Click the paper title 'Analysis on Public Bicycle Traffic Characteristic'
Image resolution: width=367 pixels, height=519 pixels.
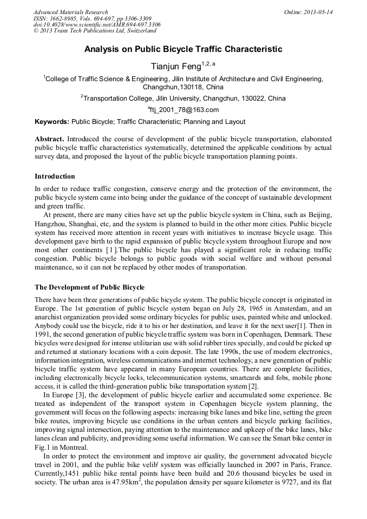pyautogui.click(x=183, y=49)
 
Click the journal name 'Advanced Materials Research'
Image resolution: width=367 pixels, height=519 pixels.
pyautogui.click(x=71, y=12)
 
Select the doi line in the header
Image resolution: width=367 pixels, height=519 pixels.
pyautogui.click(x=97, y=25)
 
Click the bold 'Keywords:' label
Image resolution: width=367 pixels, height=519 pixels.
pyautogui.click(x=52, y=122)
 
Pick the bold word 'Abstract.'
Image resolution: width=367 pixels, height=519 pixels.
pyautogui.click(x=50, y=139)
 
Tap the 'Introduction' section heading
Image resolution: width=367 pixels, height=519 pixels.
pyautogui.click(x=55, y=176)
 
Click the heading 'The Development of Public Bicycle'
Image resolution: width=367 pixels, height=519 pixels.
pyautogui.click(x=89, y=287)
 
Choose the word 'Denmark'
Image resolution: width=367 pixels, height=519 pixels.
pyautogui.click(x=313, y=334)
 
